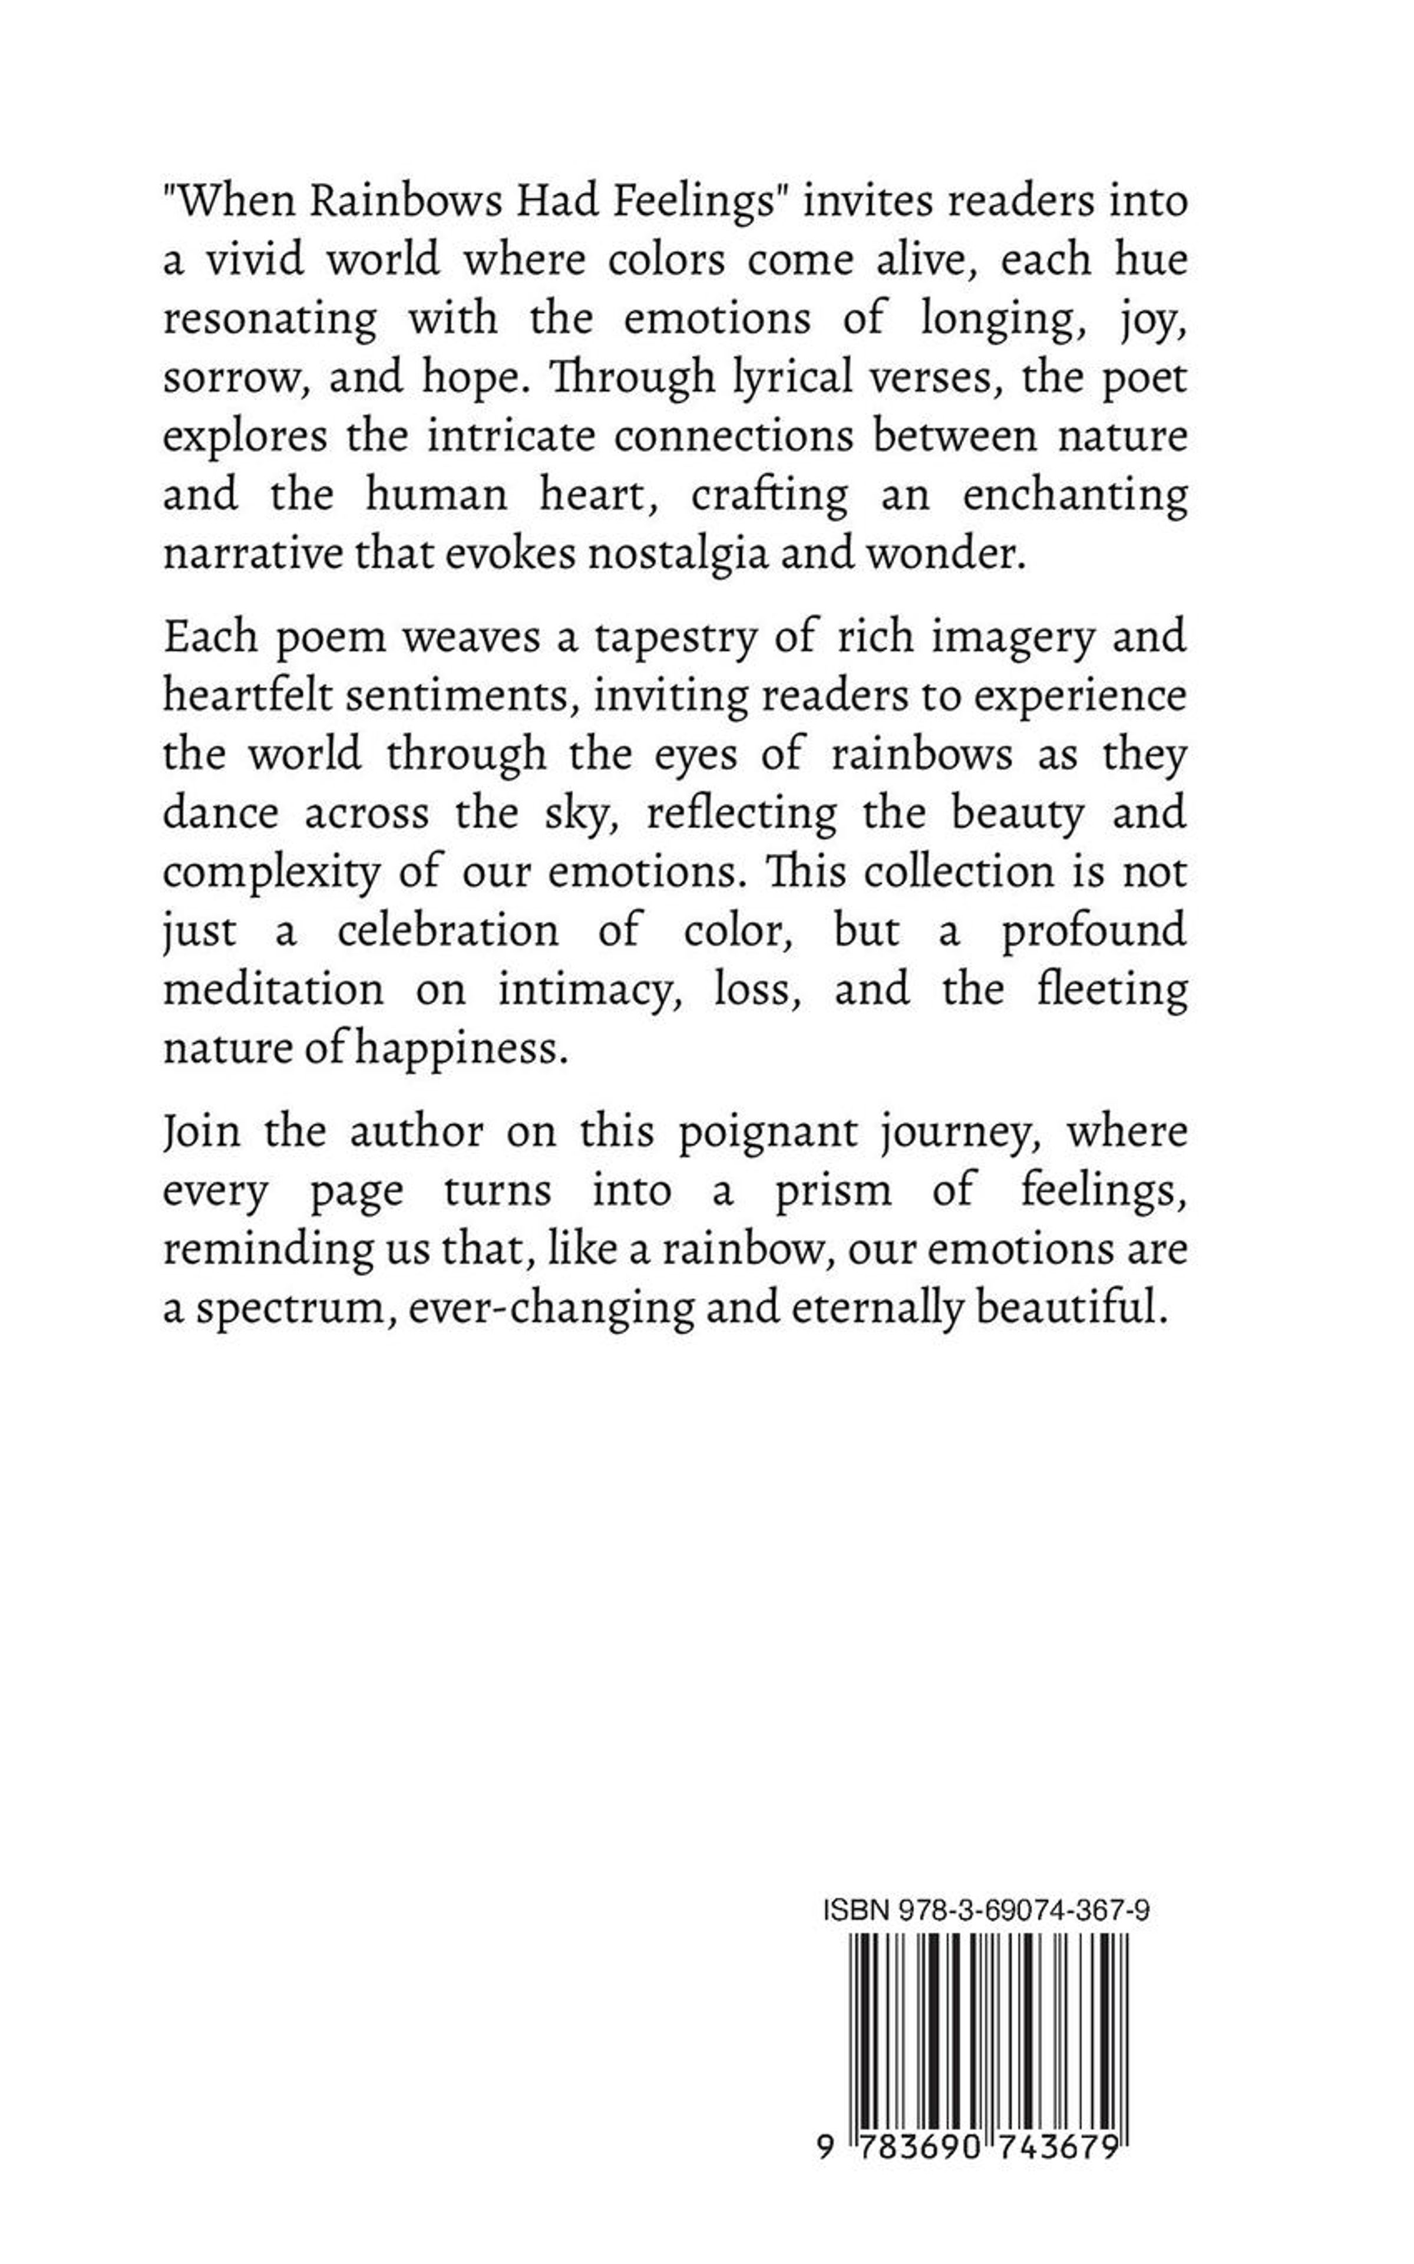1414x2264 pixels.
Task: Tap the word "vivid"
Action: tap(255, 260)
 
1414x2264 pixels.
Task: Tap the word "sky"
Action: tap(580, 814)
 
